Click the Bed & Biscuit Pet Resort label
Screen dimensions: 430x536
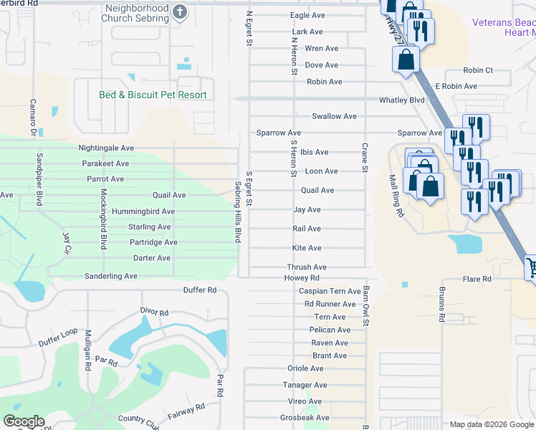point(153,95)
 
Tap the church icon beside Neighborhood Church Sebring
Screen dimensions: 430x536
point(180,11)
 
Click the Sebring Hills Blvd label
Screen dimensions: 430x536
point(239,211)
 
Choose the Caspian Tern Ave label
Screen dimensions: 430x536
point(330,291)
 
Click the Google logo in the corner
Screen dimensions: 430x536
point(24,421)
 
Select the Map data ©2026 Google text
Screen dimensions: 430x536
point(492,424)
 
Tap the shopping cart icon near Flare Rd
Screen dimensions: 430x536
point(531,268)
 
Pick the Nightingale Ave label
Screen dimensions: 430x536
point(106,148)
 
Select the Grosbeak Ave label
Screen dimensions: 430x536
point(305,417)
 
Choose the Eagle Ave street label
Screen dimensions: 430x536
point(308,15)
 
